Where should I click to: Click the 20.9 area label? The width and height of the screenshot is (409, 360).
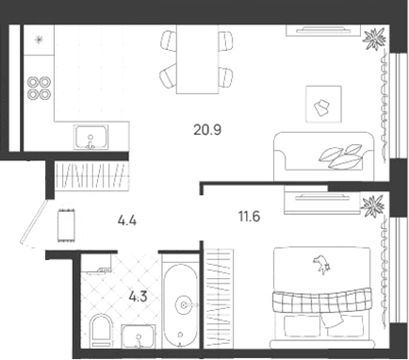point(207,129)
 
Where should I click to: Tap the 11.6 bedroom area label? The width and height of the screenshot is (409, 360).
point(250,217)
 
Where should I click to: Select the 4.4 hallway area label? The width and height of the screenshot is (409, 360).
point(127,221)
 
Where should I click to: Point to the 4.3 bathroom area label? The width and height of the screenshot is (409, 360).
point(138,296)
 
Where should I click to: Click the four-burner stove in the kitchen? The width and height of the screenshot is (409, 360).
point(39,89)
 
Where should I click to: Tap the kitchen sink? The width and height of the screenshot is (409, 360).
point(91,138)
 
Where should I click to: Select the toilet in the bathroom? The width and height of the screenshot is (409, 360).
point(101,331)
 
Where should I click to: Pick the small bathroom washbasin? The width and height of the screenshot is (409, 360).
point(139,336)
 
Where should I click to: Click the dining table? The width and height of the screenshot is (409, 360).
point(197,59)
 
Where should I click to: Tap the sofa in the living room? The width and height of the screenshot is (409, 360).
point(324,156)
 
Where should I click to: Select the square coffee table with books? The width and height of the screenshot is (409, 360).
point(323,105)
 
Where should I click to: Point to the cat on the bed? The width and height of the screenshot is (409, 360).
point(321,263)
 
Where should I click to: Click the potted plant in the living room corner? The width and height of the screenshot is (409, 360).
point(374,39)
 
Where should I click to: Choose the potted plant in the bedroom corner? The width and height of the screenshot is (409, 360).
point(373,205)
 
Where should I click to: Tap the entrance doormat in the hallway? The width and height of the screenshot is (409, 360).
point(67,225)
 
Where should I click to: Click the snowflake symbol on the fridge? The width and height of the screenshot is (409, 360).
point(39,40)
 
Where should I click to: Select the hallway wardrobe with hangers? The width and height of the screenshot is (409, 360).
point(91,175)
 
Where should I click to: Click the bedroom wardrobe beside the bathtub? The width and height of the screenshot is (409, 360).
point(219,299)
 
